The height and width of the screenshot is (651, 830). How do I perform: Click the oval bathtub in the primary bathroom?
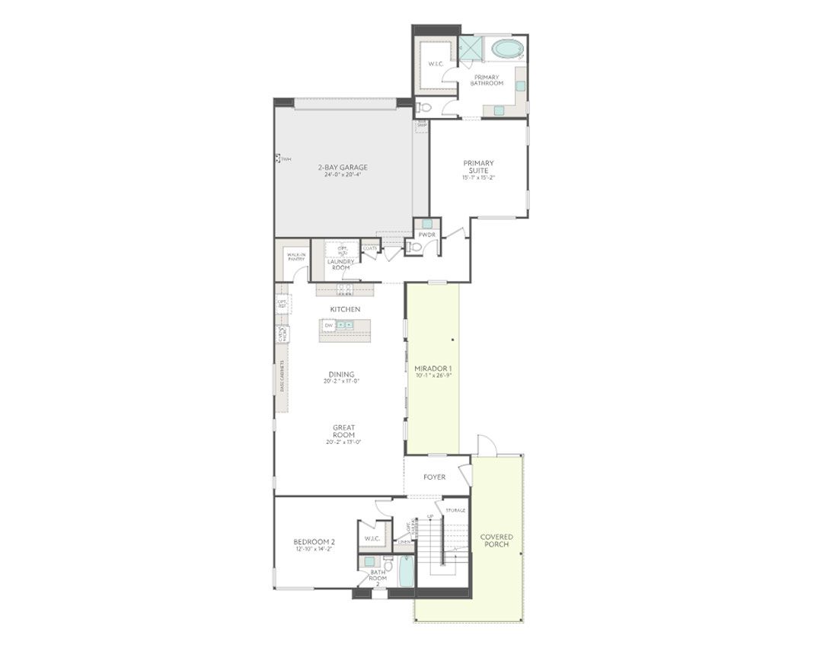click(506, 49)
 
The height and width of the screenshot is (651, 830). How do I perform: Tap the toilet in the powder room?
click(413, 247)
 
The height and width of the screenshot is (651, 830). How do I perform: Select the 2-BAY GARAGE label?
click(343, 167)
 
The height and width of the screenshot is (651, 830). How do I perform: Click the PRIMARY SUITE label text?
click(478, 167)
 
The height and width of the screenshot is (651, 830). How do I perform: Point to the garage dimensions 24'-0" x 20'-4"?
click(343, 174)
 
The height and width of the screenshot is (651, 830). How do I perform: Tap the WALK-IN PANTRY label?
click(296, 257)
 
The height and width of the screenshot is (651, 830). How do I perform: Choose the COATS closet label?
click(370, 248)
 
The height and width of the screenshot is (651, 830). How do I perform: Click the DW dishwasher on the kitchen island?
click(329, 325)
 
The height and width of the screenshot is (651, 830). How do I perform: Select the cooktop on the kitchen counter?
click(345, 289)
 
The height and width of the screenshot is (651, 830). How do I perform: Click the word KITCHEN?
click(345, 309)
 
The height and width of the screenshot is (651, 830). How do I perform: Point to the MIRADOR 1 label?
click(433, 369)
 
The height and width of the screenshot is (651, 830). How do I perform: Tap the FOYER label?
click(435, 477)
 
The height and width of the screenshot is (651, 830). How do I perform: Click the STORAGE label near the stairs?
click(455, 510)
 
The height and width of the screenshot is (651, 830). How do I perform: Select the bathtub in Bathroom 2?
click(406, 571)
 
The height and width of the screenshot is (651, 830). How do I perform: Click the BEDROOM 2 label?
click(314, 542)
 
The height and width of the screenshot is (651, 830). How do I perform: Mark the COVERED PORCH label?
click(496, 541)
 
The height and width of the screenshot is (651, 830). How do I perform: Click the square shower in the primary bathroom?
click(471, 48)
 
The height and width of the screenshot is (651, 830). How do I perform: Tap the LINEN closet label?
click(404, 542)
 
